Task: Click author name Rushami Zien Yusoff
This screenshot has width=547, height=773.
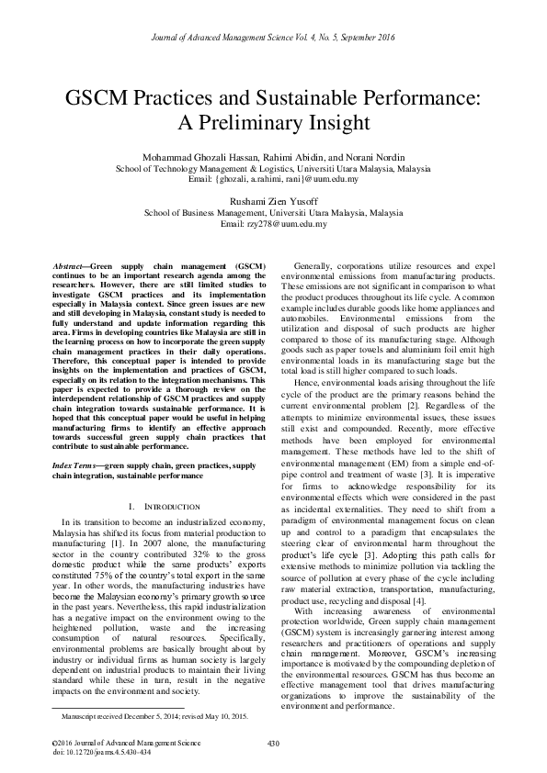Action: (273, 202)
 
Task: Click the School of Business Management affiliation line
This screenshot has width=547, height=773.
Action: (273, 213)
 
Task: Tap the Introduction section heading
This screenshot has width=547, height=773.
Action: (164, 507)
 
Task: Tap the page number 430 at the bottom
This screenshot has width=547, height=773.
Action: (272, 743)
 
